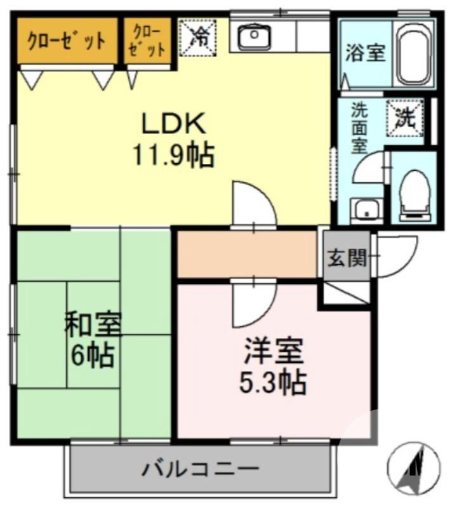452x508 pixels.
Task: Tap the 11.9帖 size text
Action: [173, 155]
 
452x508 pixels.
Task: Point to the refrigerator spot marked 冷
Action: [200, 37]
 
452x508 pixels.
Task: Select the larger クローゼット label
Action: [65, 41]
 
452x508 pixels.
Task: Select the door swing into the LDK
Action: [252, 204]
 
